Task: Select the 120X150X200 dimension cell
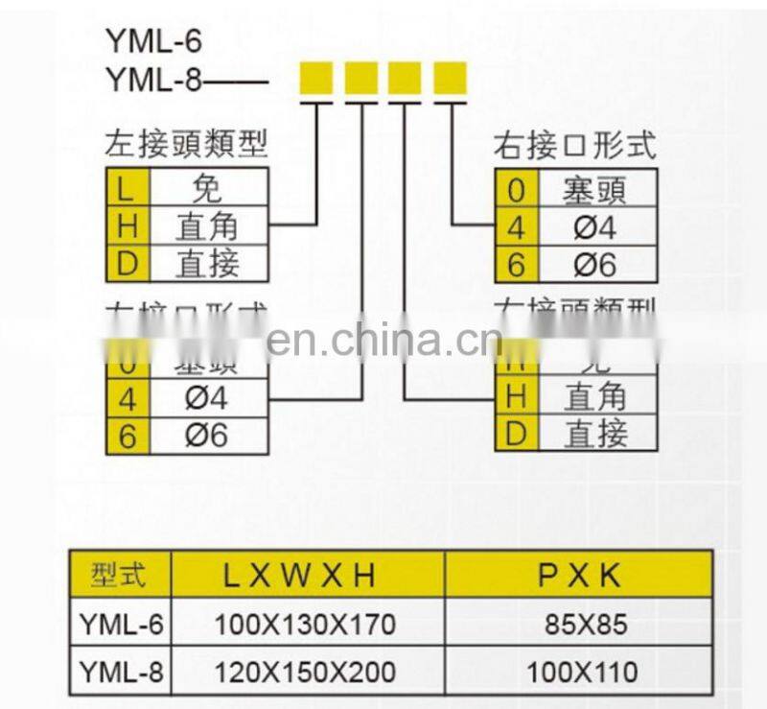(306, 670)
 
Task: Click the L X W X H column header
(306, 575)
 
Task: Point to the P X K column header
(580, 575)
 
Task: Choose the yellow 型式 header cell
(120, 575)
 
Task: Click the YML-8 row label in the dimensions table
(120, 670)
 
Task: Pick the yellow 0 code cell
(516, 189)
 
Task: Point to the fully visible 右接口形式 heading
(574, 145)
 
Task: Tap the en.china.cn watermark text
(383, 340)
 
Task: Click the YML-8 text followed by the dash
(153, 81)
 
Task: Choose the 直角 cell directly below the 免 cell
(206, 226)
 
